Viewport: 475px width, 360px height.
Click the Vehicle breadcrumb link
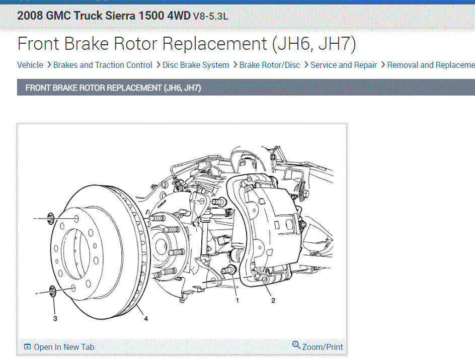point(30,65)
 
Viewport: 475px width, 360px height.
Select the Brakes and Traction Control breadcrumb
point(102,65)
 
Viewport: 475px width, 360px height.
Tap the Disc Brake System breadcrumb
point(196,65)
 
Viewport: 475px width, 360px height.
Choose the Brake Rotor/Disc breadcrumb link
point(270,65)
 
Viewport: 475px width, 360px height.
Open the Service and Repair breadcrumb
point(344,65)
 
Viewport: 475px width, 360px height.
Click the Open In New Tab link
point(64,347)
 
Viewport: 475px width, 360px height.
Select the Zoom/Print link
point(323,347)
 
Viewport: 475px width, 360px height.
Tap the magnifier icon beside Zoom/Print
point(296,345)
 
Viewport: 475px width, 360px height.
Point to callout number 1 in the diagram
point(237,300)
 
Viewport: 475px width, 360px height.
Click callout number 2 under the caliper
point(273,300)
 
